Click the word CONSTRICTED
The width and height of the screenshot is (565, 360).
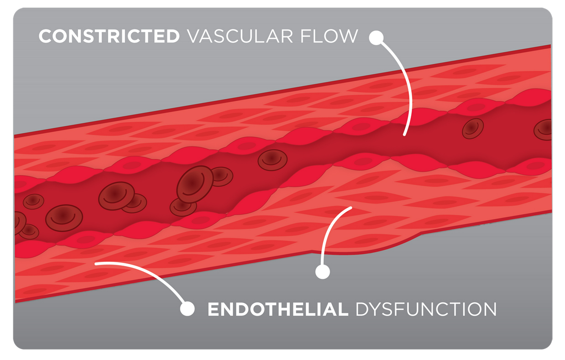[x=109, y=36]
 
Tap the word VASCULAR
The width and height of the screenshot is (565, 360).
[x=240, y=36]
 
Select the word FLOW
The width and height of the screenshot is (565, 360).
[x=329, y=36]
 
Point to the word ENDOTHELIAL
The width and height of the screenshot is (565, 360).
[x=277, y=309]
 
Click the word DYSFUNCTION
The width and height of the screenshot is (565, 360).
[x=426, y=309]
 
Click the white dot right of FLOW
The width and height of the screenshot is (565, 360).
[x=376, y=38]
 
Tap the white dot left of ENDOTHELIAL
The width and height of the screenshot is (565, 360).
[x=188, y=308]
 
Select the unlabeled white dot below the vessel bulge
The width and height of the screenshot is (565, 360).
[x=323, y=272]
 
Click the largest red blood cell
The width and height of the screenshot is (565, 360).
[x=195, y=184]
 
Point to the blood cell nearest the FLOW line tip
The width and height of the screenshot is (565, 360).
[x=473, y=129]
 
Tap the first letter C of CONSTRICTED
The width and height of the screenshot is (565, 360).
[x=45, y=36]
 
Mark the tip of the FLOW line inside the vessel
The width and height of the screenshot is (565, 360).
[x=404, y=135]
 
